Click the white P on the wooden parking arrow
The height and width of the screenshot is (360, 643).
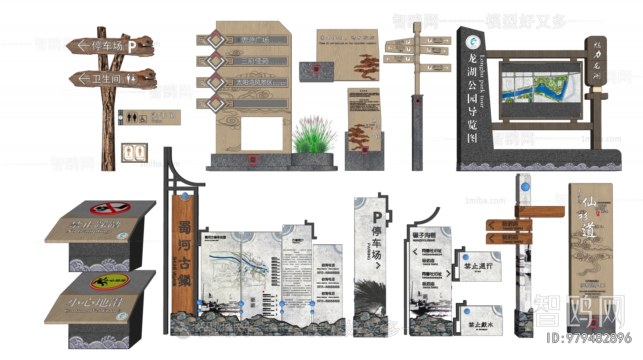(131, 47)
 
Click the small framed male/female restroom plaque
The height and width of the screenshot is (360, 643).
(134, 153)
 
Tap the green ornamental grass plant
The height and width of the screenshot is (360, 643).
(312, 136)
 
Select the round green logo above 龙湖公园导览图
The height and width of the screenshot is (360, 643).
(472, 41)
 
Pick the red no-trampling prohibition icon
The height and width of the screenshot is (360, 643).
(110, 208)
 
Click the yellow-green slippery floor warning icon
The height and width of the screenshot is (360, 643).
(110, 281)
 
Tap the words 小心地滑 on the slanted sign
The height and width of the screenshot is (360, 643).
(95, 302)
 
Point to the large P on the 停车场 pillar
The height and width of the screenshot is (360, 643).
(377, 217)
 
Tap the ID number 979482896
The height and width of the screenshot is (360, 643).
(598, 338)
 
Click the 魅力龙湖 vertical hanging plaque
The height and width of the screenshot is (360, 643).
(596, 61)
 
